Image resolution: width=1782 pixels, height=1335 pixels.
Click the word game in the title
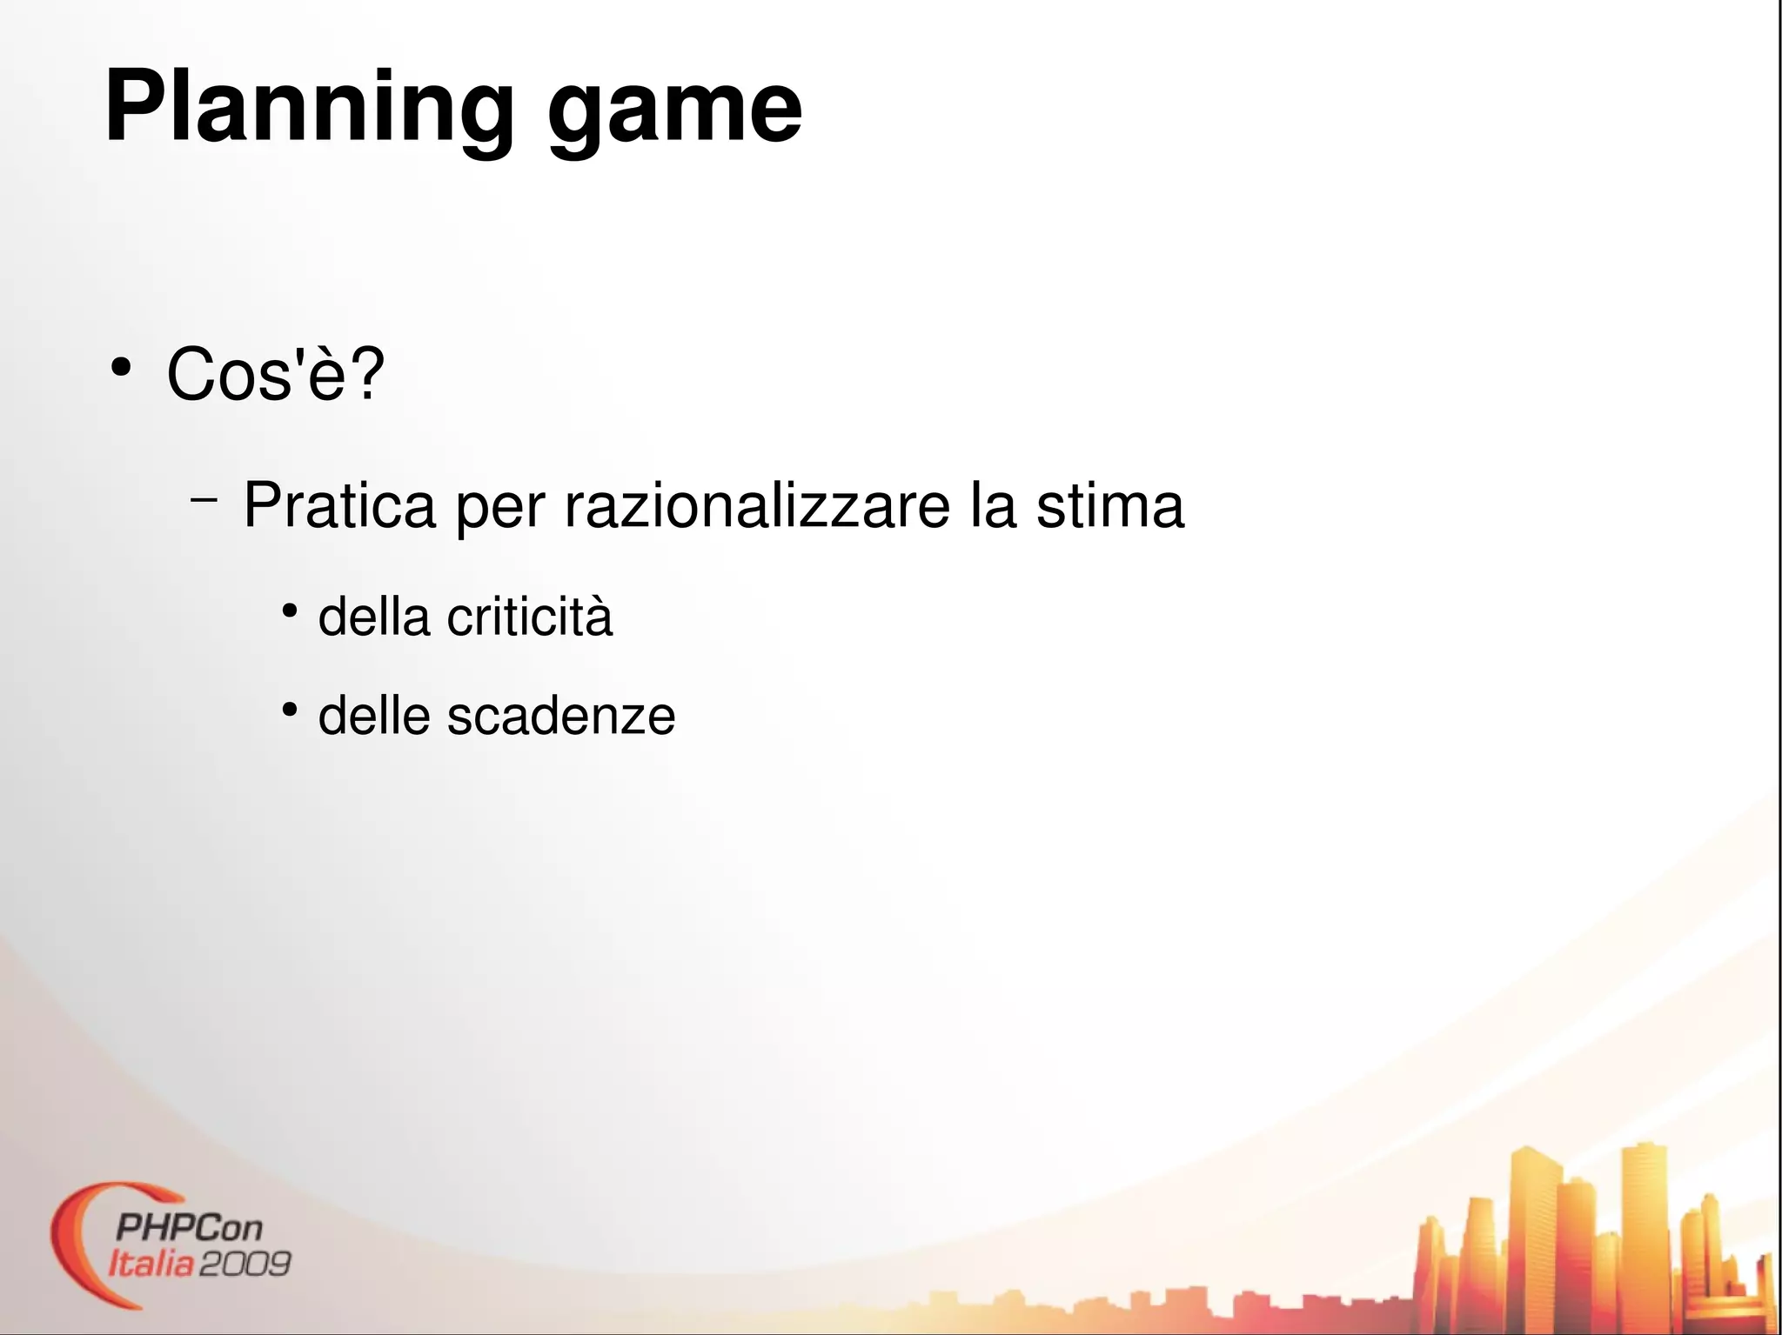(674, 113)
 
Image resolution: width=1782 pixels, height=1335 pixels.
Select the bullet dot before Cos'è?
(121, 368)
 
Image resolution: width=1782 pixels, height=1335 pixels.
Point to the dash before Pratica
(203, 499)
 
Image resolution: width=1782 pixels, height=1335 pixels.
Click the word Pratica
(338, 505)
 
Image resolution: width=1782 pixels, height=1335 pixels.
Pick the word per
(499, 509)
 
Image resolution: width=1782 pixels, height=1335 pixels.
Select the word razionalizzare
(757, 505)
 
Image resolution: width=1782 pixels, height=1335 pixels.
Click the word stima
(1109, 505)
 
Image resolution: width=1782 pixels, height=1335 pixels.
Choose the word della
(374, 617)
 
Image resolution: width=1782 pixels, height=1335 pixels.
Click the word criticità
(529, 617)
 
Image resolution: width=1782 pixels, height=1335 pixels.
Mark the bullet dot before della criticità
(290, 611)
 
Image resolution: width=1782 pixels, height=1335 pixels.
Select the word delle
(374, 716)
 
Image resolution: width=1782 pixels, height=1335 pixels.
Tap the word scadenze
(560, 716)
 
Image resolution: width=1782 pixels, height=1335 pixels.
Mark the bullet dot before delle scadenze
(290, 711)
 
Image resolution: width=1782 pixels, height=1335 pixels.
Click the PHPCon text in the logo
(188, 1228)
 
